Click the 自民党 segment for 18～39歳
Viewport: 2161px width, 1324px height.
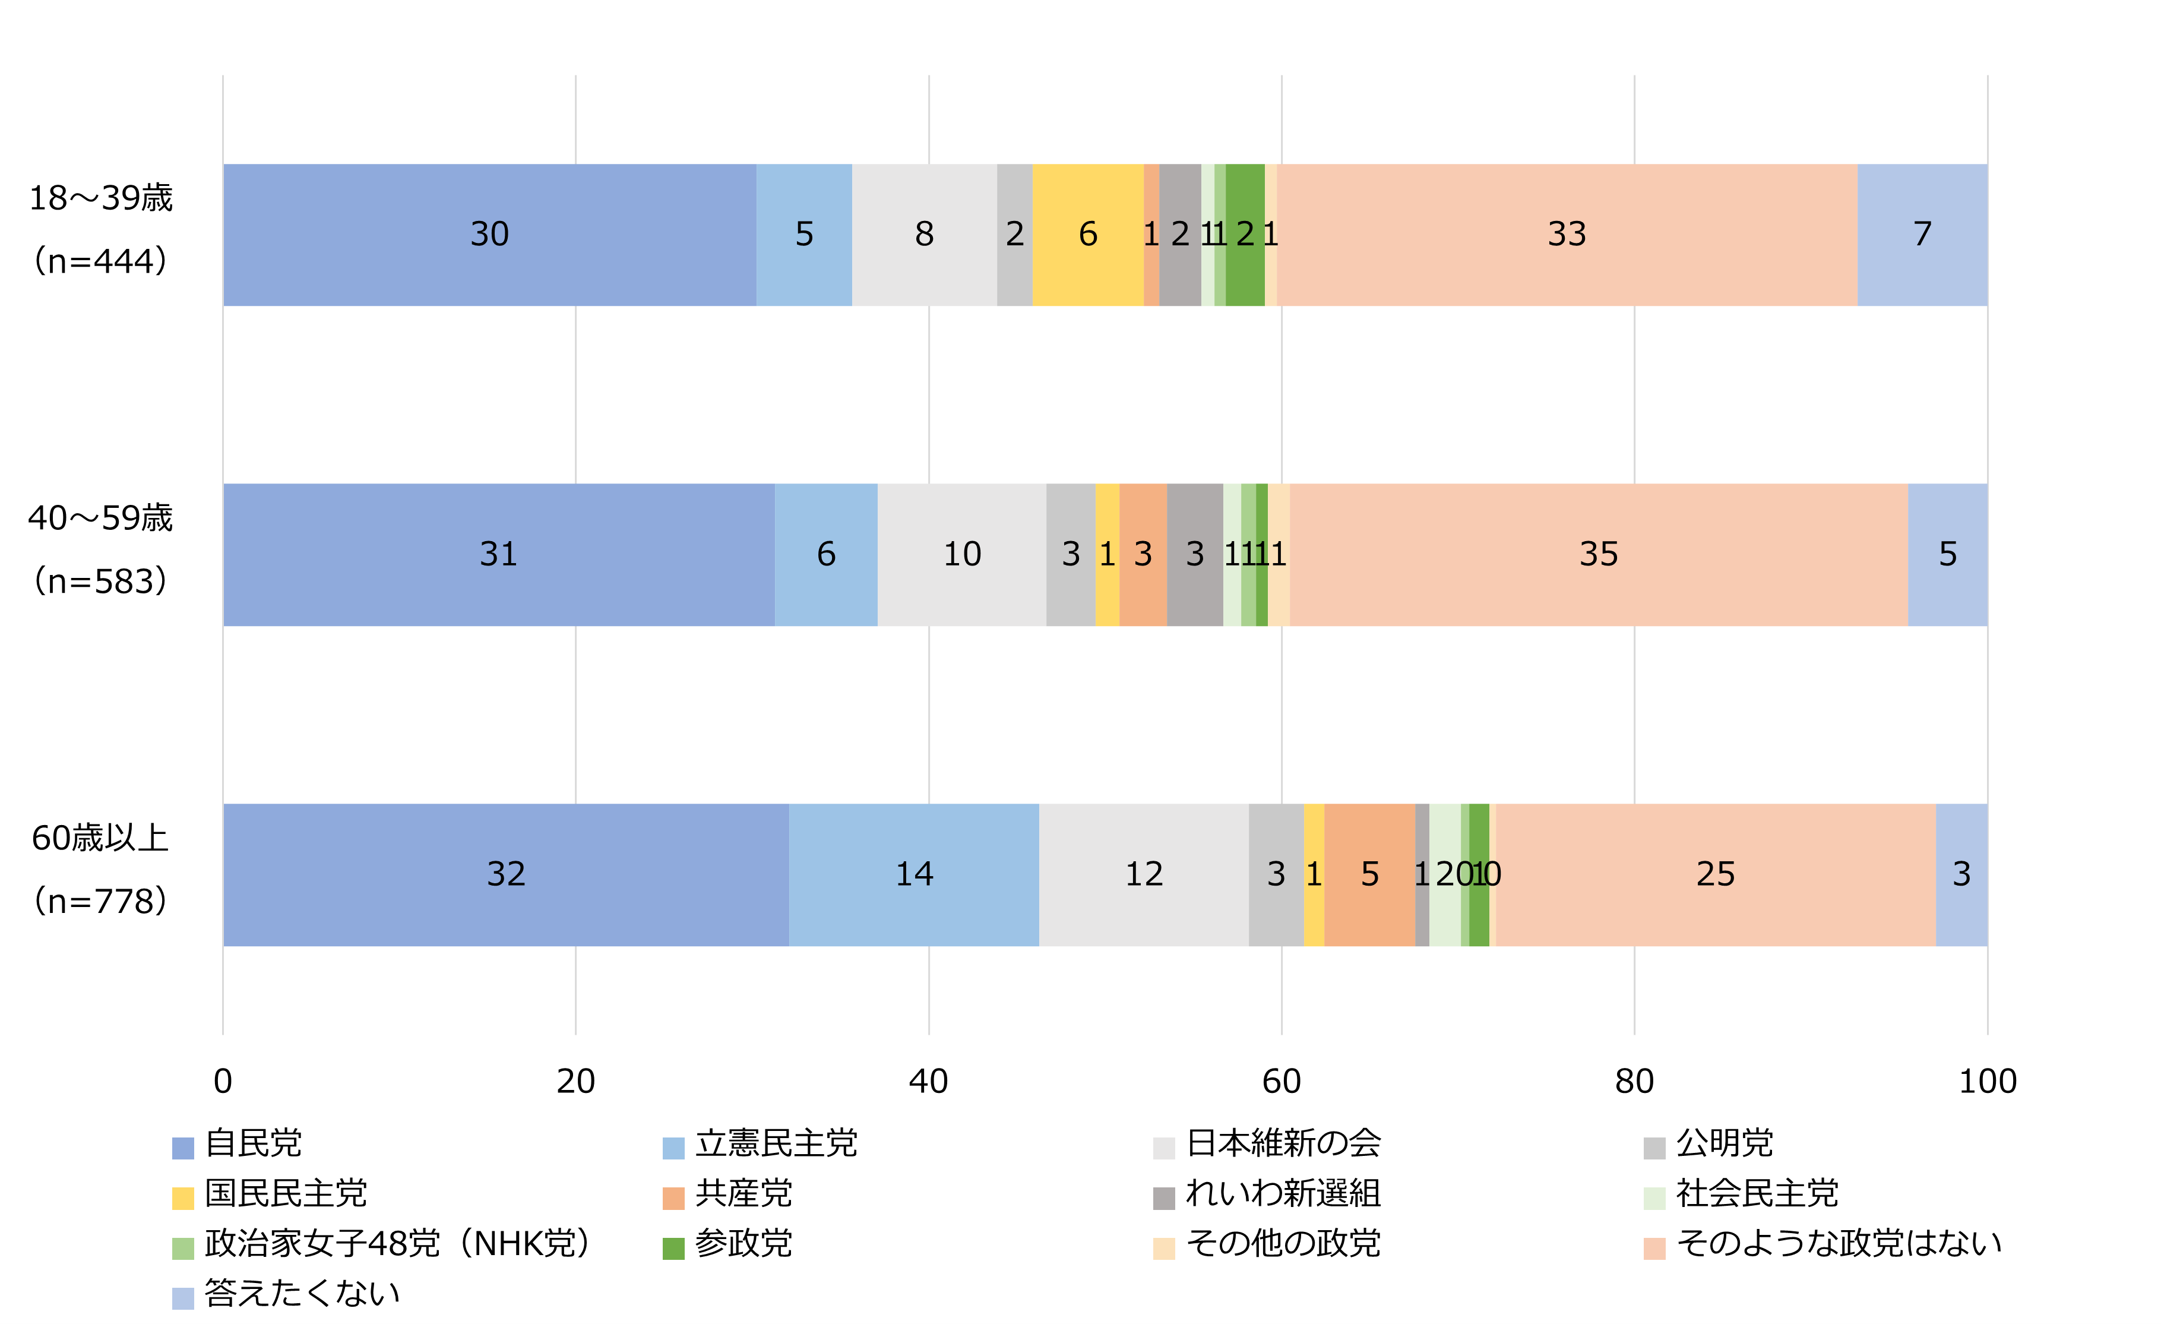[489, 234]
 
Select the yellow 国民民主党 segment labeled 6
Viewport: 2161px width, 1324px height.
[1087, 234]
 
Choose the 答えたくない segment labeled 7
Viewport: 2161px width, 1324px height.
[1922, 234]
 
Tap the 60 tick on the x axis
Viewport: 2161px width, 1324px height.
[1282, 1081]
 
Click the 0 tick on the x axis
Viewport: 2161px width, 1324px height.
[223, 1081]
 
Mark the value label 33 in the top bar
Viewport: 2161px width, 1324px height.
[1567, 234]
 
